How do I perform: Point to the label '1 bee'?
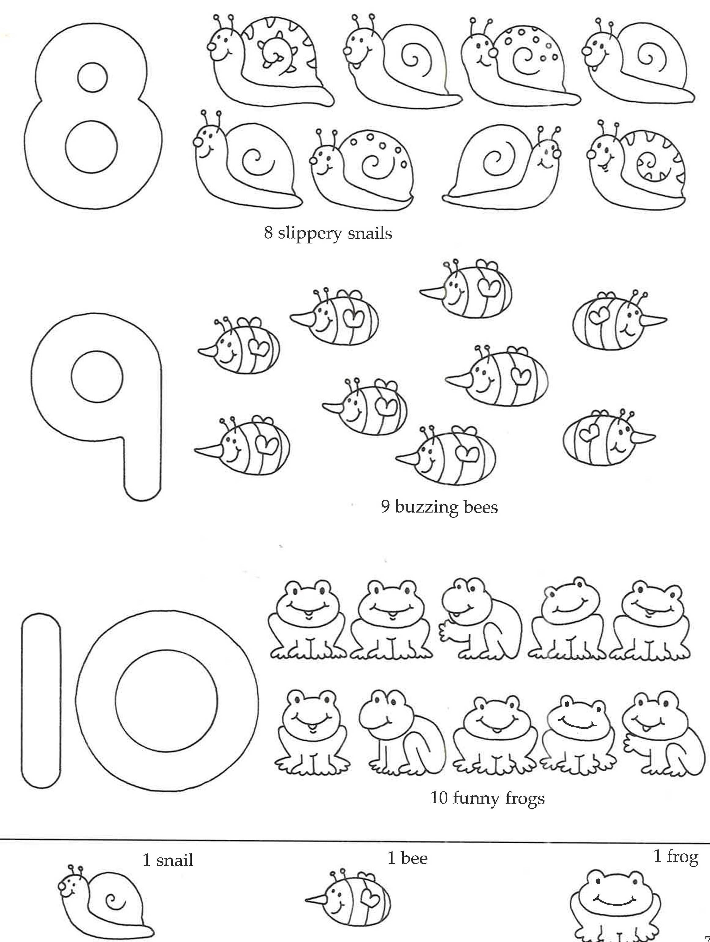click(407, 858)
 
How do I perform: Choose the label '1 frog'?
click(675, 856)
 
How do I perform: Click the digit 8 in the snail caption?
click(268, 233)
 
